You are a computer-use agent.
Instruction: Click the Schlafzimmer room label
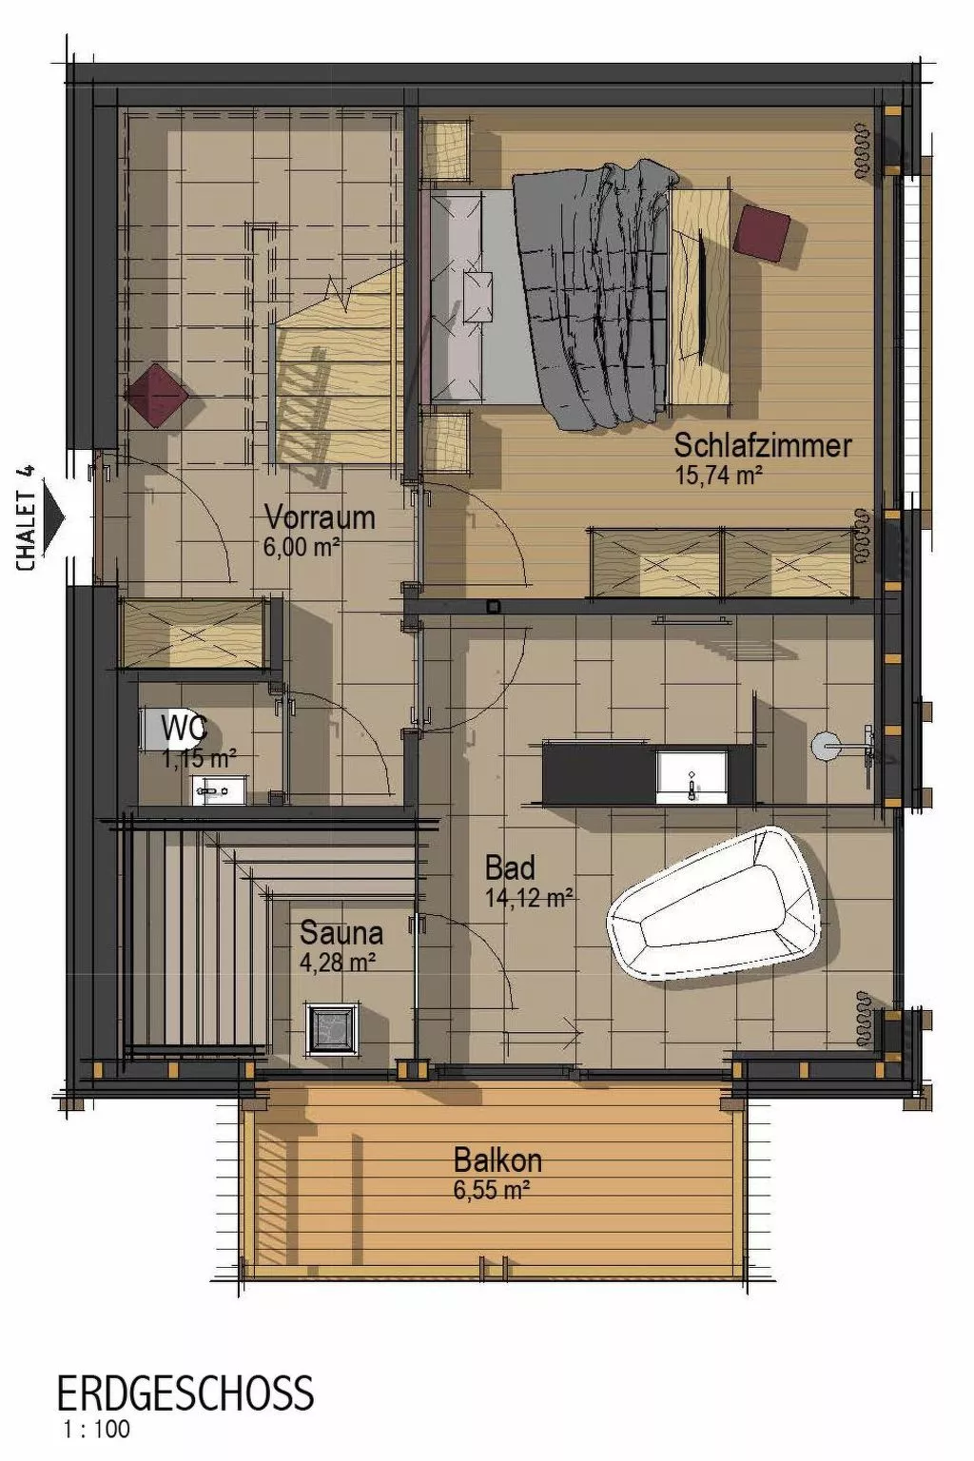(x=763, y=445)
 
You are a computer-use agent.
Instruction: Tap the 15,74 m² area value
(x=718, y=475)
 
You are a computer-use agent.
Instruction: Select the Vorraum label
(x=320, y=517)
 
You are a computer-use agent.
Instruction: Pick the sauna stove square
(x=332, y=1028)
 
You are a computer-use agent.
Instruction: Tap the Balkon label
(x=497, y=1160)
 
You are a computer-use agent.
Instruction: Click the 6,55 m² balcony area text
(x=491, y=1189)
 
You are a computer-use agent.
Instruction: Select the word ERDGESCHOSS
(x=185, y=1394)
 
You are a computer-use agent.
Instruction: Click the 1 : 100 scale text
(x=96, y=1429)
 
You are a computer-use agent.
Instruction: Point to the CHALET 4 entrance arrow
(x=54, y=519)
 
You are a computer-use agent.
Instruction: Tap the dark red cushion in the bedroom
(x=762, y=232)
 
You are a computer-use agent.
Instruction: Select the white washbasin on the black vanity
(x=692, y=776)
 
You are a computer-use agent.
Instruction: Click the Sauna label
(x=341, y=933)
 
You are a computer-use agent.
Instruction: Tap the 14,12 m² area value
(x=528, y=897)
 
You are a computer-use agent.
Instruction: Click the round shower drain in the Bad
(x=827, y=746)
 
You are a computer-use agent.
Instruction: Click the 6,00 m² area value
(x=302, y=547)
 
